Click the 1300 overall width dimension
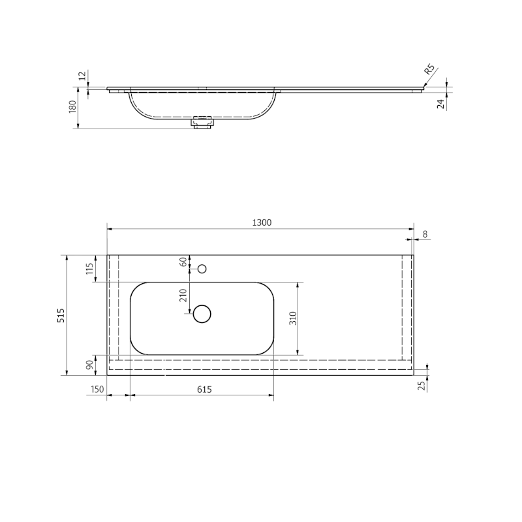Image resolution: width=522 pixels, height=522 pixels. [x=261, y=223]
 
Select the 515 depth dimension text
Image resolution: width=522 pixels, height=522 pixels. [x=60, y=316]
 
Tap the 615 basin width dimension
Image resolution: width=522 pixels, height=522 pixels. [x=204, y=390]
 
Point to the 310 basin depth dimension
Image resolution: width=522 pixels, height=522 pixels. [x=293, y=318]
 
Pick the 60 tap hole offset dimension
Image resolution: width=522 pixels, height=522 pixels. [x=183, y=262]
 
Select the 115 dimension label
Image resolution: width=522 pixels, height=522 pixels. [x=90, y=268]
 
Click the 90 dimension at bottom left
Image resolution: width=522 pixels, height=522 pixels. [x=90, y=365]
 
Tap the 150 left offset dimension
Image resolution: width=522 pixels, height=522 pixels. [x=97, y=390]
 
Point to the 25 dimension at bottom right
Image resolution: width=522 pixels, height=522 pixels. [x=421, y=385]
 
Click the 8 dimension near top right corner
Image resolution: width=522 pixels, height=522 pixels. [x=425, y=234]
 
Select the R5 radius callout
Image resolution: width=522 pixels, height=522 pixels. [x=430, y=70]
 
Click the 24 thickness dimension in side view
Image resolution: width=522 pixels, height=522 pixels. [x=441, y=102]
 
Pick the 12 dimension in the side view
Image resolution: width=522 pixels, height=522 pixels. [x=82, y=76]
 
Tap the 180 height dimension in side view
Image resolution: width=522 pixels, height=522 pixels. [x=72, y=106]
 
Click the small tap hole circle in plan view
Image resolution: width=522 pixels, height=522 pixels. [x=202, y=268]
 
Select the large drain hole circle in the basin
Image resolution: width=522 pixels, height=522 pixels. [x=202, y=314]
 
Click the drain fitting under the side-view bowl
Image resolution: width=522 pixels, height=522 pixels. [x=202, y=122]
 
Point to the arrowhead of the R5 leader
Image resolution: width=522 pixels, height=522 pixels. [x=423, y=85]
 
